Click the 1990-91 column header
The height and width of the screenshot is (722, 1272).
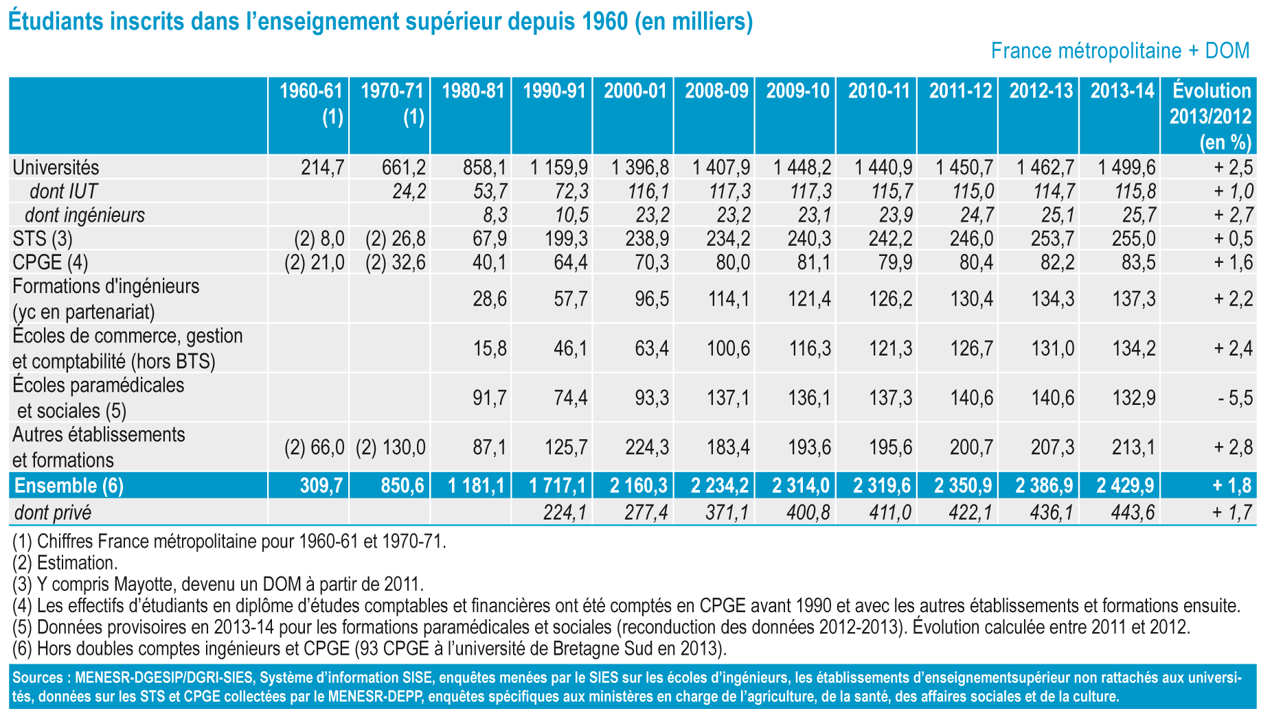pos(554,91)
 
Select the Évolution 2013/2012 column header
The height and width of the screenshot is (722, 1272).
pos(1210,116)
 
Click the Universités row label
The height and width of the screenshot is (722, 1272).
pos(56,167)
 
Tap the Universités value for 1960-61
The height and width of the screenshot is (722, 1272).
pos(322,167)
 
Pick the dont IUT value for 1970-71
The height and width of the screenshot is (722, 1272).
pos(409,191)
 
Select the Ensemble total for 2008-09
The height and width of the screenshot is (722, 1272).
pos(720,486)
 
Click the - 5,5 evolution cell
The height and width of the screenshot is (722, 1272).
pos(1235,398)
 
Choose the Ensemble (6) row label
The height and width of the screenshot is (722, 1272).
pos(69,486)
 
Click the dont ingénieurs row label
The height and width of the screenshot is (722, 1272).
pos(84,216)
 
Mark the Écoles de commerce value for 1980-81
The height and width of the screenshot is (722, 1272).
pos(490,349)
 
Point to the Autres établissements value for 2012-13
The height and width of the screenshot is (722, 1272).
pos(1052,447)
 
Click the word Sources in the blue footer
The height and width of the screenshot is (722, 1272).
pos(36,678)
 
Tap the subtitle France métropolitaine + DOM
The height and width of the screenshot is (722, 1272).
pos(1120,51)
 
